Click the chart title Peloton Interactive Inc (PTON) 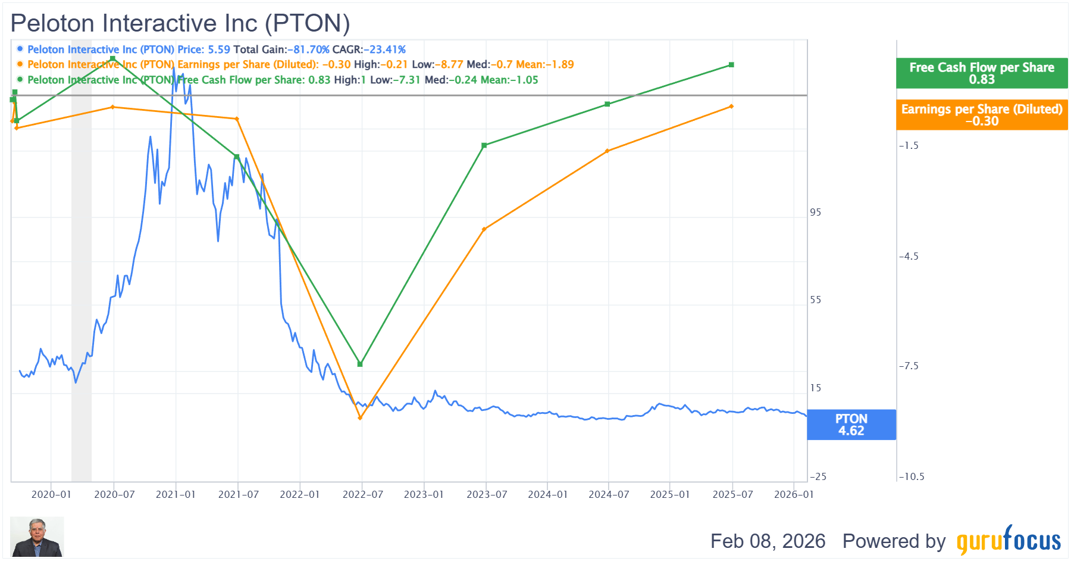pyautogui.click(x=180, y=23)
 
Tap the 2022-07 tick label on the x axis pyautogui.click(x=362, y=495)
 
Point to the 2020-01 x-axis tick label pyautogui.click(x=51, y=495)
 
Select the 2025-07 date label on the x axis pyautogui.click(x=732, y=495)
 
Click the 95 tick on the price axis pyautogui.click(x=815, y=213)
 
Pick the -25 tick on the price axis pyautogui.click(x=818, y=476)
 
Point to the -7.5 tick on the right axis pyautogui.click(x=909, y=366)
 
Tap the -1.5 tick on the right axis pyautogui.click(x=909, y=146)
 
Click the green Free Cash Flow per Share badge pyautogui.click(x=982, y=73)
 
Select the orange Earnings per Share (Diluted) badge pyautogui.click(x=982, y=115)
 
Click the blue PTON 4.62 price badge pyautogui.click(x=851, y=425)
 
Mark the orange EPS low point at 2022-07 pyautogui.click(x=360, y=418)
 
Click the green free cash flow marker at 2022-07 pyautogui.click(x=360, y=364)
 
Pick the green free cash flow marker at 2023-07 pyautogui.click(x=484, y=145)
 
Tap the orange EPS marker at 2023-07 pyautogui.click(x=484, y=229)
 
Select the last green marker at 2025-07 pyautogui.click(x=731, y=65)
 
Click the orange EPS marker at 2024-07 pyautogui.click(x=607, y=151)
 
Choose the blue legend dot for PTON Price pyautogui.click(x=20, y=49)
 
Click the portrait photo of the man pyautogui.click(x=37, y=537)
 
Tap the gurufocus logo pyautogui.click(x=1009, y=540)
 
